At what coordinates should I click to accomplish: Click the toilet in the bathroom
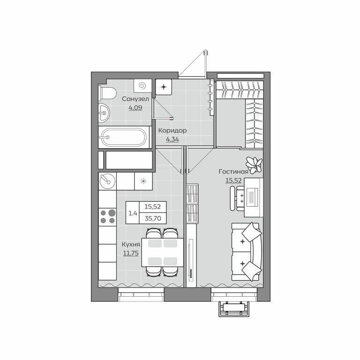(107, 93)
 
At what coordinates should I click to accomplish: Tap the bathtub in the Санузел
(124, 137)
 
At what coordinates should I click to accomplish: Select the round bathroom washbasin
(104, 112)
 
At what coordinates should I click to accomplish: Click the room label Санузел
(135, 99)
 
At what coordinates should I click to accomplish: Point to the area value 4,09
(135, 108)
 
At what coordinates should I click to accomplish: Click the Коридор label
(172, 131)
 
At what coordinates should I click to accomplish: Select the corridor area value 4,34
(172, 139)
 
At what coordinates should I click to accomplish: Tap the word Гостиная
(233, 172)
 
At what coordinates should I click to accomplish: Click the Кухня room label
(131, 245)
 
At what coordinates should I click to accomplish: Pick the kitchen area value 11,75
(131, 253)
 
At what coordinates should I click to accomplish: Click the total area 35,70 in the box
(153, 218)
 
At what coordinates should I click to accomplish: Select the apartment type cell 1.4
(133, 213)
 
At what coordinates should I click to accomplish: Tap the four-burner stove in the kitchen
(107, 217)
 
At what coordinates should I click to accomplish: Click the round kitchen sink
(107, 181)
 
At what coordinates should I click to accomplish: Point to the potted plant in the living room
(254, 165)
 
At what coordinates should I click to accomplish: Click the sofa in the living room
(247, 252)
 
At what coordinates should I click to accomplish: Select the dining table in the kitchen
(163, 252)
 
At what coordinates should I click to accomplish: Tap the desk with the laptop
(254, 197)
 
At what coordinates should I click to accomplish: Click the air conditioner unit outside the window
(234, 309)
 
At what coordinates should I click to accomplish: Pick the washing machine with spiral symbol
(143, 86)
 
